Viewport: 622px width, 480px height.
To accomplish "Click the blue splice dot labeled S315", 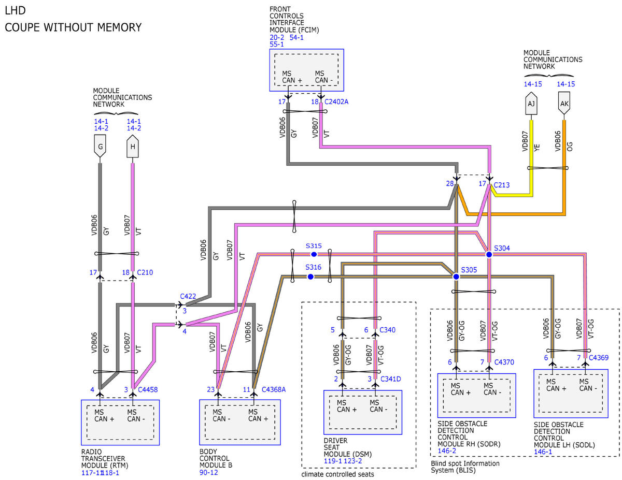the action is (x=314, y=254).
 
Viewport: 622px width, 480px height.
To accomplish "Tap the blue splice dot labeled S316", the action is (x=310, y=277).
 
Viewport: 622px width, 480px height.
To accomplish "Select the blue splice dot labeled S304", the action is (x=489, y=254).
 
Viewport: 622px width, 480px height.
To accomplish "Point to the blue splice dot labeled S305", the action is (x=456, y=277).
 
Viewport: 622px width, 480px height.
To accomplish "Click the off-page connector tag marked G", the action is (x=100, y=146).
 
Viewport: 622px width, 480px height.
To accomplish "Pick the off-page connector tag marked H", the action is (x=133, y=146).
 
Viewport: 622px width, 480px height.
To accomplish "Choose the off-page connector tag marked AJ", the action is (x=531, y=103).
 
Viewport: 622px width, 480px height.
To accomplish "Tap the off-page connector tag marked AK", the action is (x=564, y=103).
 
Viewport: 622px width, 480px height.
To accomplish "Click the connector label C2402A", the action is (x=336, y=102).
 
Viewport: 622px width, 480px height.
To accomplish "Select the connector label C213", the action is (x=502, y=185).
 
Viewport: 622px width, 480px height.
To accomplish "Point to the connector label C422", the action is (x=188, y=296).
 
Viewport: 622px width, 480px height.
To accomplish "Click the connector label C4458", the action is (x=148, y=389).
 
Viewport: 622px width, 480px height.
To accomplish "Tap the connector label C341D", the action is (x=390, y=379).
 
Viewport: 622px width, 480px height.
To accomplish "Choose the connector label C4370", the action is (x=504, y=362).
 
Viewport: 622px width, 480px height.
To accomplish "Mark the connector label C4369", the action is (x=599, y=357).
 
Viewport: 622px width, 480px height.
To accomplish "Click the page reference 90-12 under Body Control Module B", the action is (x=208, y=472).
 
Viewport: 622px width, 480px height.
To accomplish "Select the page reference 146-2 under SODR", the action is (x=446, y=451).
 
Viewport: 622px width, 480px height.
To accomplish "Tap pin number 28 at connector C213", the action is (x=450, y=183).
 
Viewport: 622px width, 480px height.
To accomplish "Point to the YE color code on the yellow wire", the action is (x=536, y=148).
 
